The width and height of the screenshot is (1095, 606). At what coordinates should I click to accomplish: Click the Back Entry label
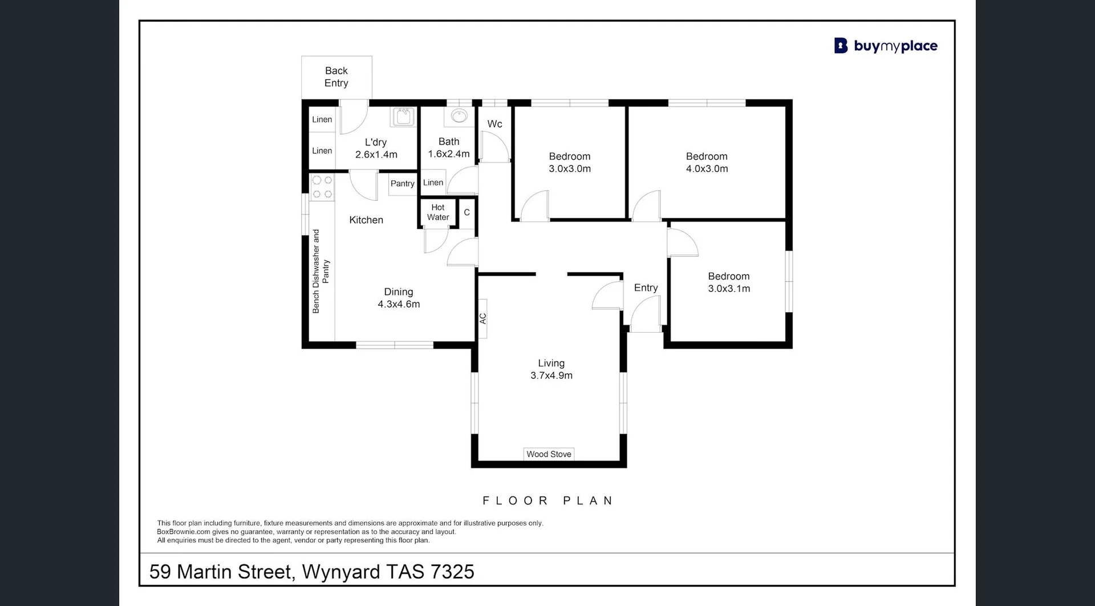[x=336, y=77]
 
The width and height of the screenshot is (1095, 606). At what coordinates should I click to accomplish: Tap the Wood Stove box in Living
[x=549, y=454]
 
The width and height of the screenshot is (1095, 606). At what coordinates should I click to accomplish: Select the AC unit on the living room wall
[x=482, y=318]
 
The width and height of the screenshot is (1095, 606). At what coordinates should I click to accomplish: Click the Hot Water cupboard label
[x=438, y=212]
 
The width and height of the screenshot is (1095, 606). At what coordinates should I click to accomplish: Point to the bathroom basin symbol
[x=459, y=116]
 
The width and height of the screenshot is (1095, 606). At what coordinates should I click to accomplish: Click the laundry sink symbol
[x=403, y=116]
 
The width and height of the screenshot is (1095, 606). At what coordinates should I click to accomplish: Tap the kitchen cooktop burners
[x=322, y=187]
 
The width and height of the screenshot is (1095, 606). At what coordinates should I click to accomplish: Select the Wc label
[x=494, y=124]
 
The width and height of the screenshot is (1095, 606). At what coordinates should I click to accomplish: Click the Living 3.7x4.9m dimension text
[x=551, y=375]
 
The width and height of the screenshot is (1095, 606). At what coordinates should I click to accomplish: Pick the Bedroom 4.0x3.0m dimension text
[x=707, y=169]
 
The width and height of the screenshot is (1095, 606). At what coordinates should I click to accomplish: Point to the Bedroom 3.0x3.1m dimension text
[x=729, y=289]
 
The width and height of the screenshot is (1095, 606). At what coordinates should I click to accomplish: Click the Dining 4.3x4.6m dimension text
[x=399, y=304]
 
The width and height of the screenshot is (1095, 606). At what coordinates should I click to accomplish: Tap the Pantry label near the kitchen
[x=402, y=184]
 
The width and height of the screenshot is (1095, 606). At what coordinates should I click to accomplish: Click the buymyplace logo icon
[x=841, y=46]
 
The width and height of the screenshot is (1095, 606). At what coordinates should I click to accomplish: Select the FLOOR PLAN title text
[x=548, y=500]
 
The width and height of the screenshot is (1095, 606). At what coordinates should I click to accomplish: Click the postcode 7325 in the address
[x=452, y=572]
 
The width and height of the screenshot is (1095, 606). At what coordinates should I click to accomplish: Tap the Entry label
[x=646, y=288]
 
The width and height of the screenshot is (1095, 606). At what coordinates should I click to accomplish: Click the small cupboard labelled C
[x=467, y=212]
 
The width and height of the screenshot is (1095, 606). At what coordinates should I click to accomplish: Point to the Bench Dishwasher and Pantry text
[x=321, y=272]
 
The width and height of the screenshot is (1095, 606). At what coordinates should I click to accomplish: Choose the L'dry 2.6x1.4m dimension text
[x=376, y=155]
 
